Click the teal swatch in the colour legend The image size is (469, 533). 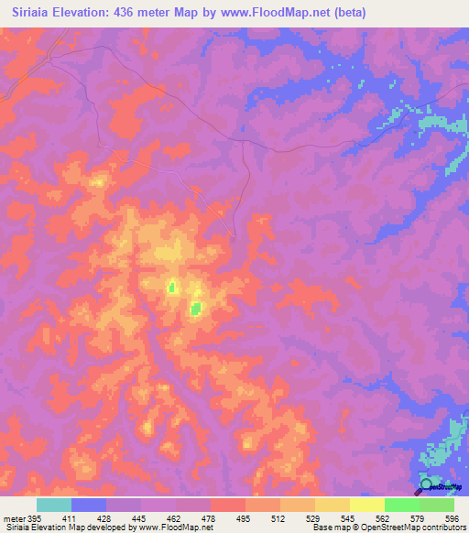coord(54,505)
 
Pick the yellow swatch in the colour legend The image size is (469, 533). coord(367,505)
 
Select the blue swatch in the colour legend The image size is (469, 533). coord(89,505)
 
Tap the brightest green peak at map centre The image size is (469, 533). coord(195,309)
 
